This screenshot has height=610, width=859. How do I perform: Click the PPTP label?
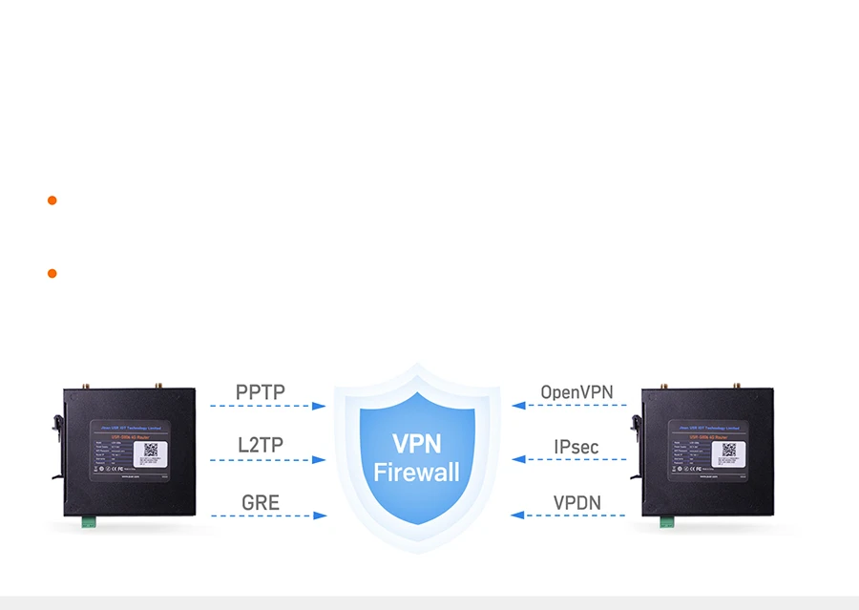[x=261, y=392]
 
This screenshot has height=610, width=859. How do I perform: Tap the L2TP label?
[x=261, y=445]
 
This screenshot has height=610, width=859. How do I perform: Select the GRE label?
[x=261, y=502]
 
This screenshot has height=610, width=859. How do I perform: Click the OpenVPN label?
[x=576, y=392]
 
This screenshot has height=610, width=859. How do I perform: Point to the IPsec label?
[x=576, y=446]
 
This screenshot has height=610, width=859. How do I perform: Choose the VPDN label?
[x=576, y=502]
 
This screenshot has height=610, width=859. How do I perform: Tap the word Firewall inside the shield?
[x=417, y=472]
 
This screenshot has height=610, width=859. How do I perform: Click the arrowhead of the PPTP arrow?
[x=320, y=406]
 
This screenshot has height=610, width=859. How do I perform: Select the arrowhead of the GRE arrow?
[x=320, y=515]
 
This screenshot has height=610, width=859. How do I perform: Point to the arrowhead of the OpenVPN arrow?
[x=517, y=406]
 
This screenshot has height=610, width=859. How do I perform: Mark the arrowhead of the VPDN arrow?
[x=517, y=515]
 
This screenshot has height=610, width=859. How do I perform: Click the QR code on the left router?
[x=151, y=448]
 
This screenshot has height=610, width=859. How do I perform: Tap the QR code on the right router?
[x=729, y=449]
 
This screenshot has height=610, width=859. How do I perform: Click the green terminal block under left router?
[x=89, y=522]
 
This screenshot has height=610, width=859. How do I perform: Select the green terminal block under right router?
[x=666, y=522]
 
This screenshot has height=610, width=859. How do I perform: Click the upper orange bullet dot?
[x=52, y=200]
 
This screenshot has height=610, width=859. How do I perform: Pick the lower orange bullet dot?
[x=52, y=274]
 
